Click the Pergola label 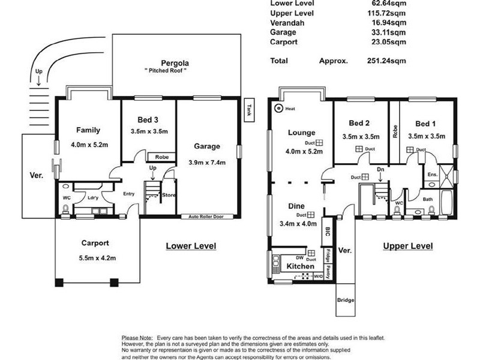point(175,63)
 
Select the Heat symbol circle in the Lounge point(278,109)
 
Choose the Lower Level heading point(190,246)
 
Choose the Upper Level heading point(407,246)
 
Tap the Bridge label point(346,300)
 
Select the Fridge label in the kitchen point(328,256)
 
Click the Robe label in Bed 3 point(161,157)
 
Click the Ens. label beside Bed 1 point(432,175)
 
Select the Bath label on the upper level point(428,199)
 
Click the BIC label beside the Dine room point(328,231)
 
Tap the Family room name point(88,130)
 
